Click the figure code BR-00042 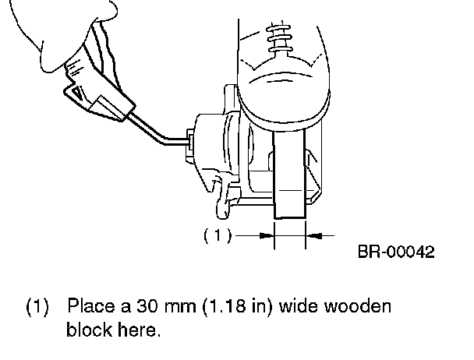tap(395, 252)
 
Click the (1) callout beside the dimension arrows tap(218, 234)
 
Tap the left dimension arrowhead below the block tap(269, 233)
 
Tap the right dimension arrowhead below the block tap(313, 233)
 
